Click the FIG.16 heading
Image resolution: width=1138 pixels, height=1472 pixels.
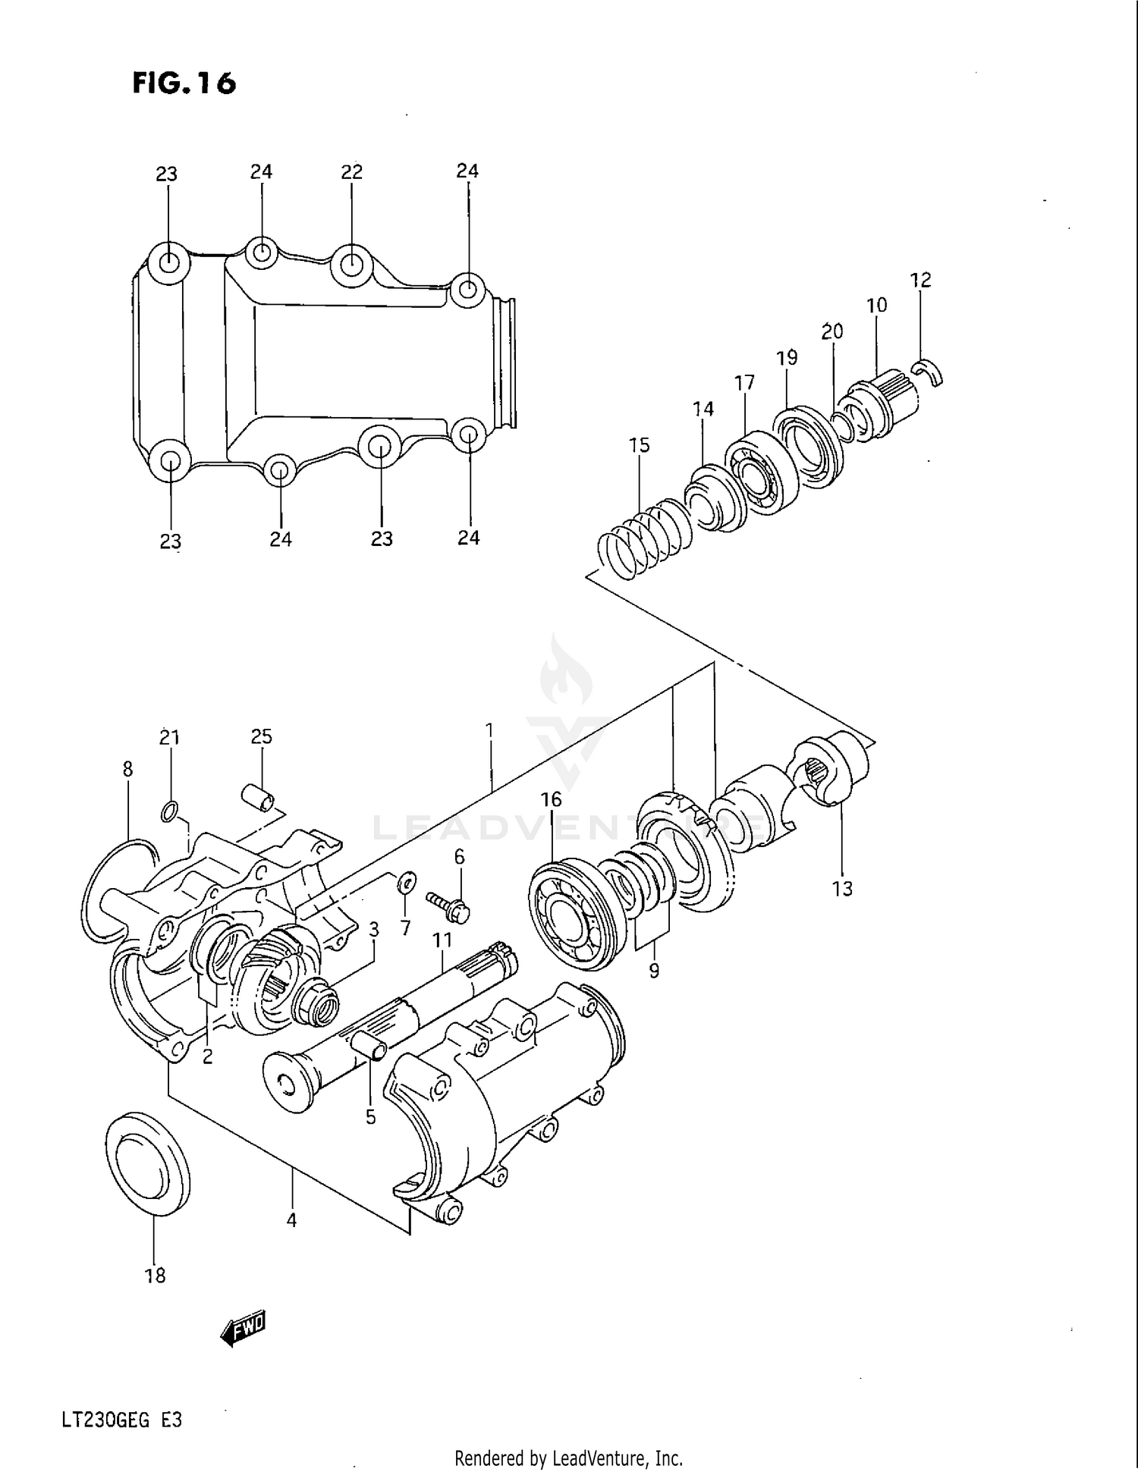tap(184, 83)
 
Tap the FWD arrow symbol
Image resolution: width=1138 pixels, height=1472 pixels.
tap(243, 1328)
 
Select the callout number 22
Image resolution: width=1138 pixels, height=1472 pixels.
tap(351, 172)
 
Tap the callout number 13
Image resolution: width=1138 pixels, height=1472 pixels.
tap(842, 889)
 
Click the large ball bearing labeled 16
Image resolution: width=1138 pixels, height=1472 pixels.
tap(571, 915)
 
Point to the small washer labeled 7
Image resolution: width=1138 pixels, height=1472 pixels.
tap(407, 881)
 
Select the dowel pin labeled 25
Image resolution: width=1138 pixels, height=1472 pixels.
tap(257, 797)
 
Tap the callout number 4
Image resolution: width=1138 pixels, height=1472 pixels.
tap(291, 1220)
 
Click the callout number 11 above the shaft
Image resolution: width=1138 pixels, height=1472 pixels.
tap(442, 940)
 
